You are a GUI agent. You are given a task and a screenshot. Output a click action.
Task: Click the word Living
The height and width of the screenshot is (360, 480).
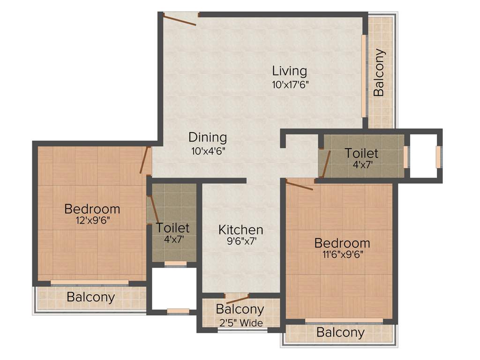[290, 71]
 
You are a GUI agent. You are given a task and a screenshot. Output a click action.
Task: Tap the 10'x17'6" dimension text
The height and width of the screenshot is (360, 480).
[290, 85]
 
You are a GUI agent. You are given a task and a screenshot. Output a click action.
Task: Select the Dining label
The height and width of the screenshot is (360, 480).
[208, 137]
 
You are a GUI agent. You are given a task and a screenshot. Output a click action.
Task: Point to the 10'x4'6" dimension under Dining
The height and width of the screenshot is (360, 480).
[208, 151]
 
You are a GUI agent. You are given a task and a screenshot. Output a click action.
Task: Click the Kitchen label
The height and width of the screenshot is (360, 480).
[241, 230]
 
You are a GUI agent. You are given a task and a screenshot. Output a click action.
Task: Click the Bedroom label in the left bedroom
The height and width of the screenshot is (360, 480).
[92, 209]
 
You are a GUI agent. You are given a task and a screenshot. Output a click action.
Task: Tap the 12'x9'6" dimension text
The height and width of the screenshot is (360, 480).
[92, 220]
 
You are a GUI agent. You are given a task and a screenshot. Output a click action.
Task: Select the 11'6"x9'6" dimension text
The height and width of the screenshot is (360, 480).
[342, 255]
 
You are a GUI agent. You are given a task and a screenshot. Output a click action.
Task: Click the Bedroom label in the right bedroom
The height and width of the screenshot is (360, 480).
[342, 243]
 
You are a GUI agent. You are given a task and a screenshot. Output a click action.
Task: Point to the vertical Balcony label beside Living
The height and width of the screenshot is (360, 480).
[379, 73]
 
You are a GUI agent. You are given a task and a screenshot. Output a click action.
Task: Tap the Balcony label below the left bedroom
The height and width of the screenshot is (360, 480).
[90, 297]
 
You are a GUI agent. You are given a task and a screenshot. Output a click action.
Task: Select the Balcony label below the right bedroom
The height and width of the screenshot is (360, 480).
[340, 333]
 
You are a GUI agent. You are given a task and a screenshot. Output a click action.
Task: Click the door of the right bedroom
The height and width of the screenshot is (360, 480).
[299, 185]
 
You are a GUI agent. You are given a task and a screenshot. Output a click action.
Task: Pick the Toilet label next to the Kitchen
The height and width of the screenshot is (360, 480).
[173, 228]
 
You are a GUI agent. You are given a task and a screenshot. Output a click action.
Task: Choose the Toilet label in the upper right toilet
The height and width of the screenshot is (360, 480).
[361, 153]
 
